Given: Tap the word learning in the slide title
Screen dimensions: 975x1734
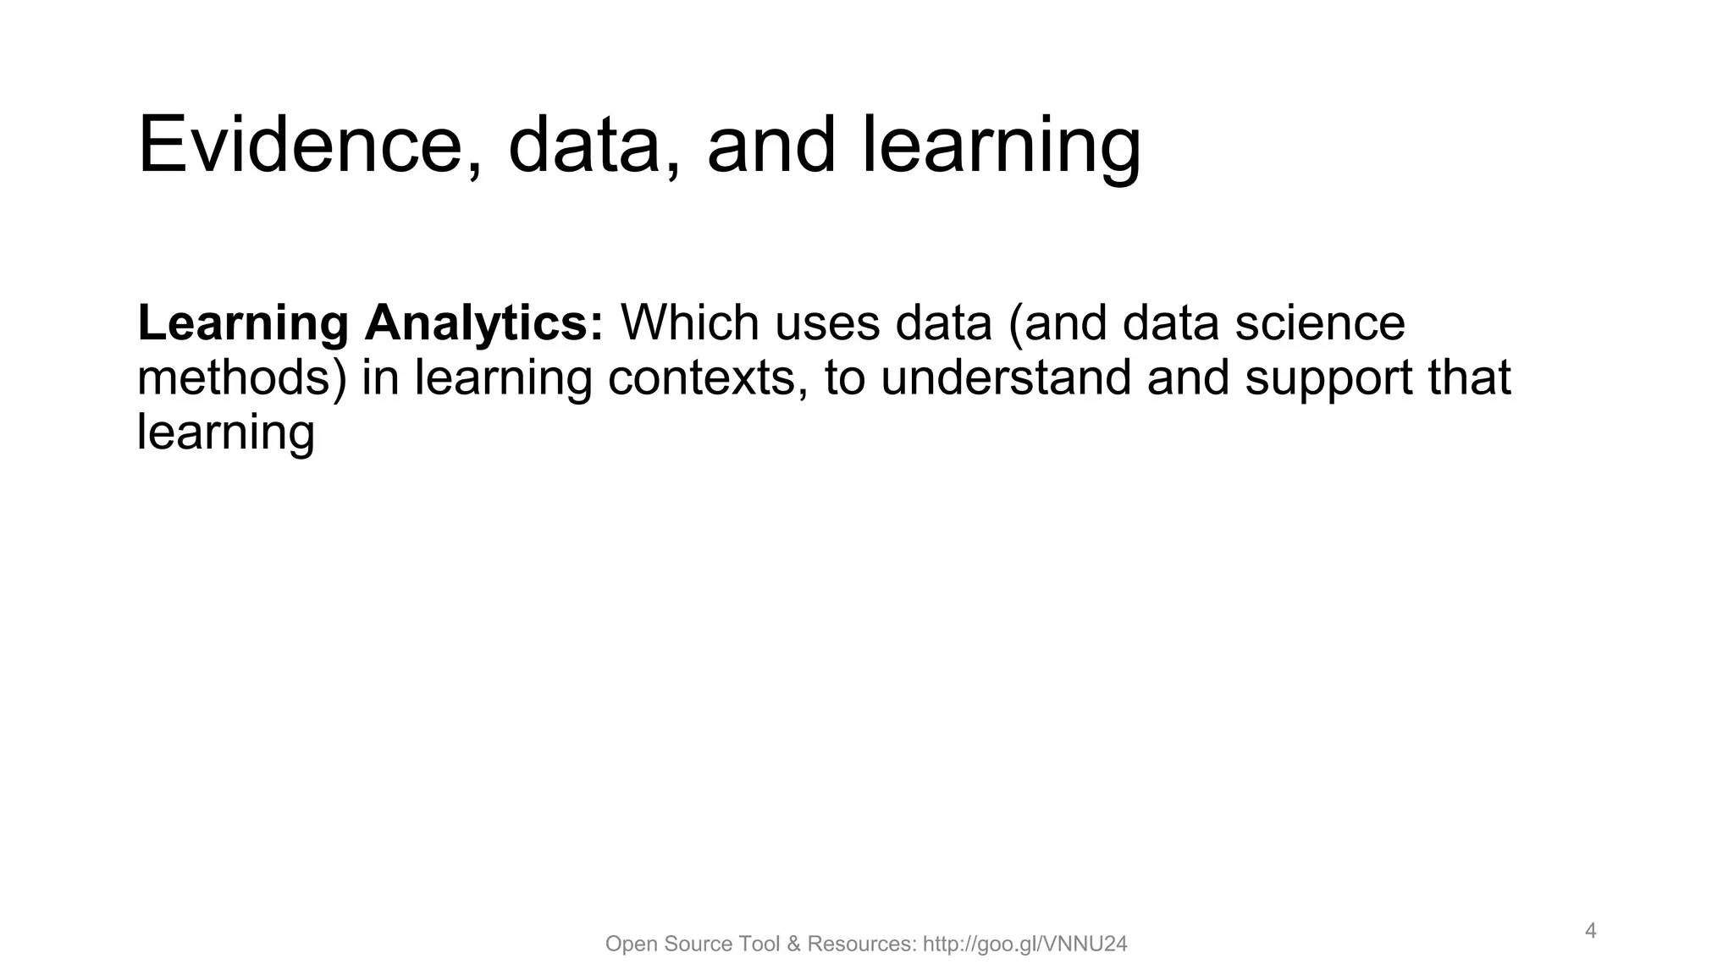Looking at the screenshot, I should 1002,146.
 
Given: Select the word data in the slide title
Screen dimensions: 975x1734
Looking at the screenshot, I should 593,146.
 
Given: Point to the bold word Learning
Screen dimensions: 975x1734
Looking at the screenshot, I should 243,323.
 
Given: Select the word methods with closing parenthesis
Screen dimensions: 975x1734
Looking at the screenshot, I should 242,377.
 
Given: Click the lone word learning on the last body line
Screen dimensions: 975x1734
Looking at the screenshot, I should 226,432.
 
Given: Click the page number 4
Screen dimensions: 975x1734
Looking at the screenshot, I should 1591,931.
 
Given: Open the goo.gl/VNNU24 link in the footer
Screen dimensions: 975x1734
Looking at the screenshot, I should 1025,945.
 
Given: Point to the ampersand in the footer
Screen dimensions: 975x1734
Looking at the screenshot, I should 793,945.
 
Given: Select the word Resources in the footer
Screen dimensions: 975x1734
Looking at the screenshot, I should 861,945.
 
